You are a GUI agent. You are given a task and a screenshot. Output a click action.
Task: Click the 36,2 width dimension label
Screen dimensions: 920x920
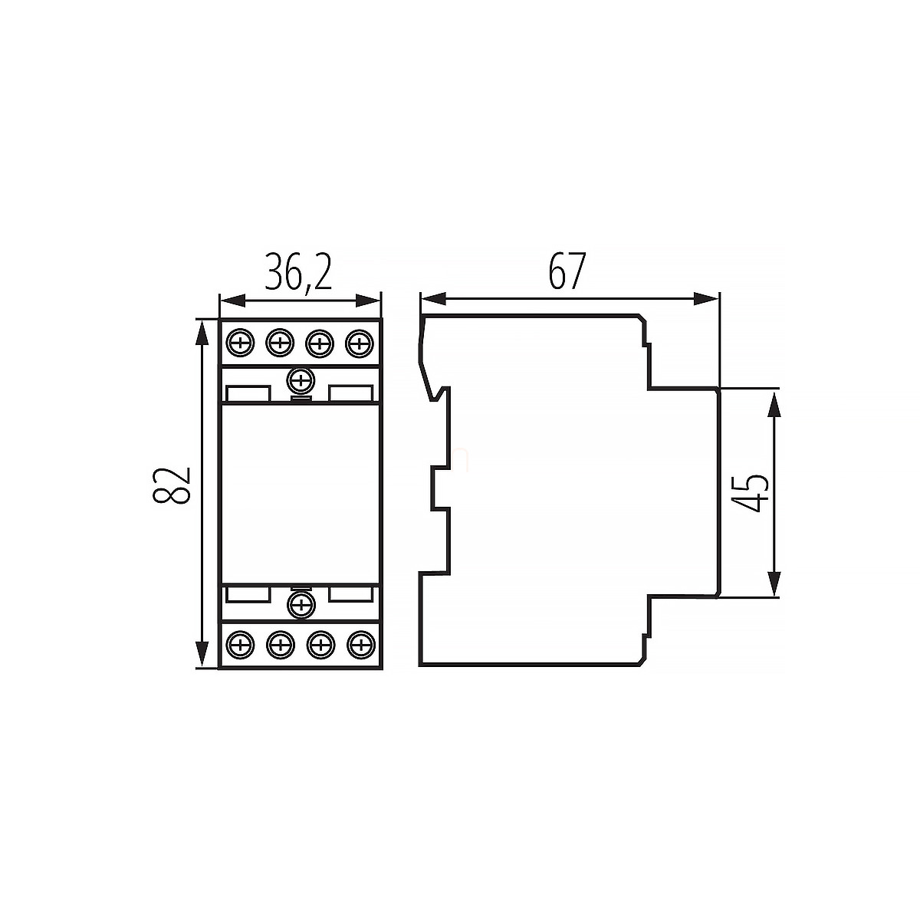click(x=298, y=272)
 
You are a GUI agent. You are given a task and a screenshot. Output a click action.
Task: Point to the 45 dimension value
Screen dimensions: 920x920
click(x=750, y=493)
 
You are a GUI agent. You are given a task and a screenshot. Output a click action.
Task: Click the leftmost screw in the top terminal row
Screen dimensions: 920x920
click(x=240, y=342)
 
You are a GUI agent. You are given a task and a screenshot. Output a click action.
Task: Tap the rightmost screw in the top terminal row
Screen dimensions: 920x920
click(x=360, y=342)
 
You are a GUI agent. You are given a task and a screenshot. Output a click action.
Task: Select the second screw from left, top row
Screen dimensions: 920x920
click(x=280, y=342)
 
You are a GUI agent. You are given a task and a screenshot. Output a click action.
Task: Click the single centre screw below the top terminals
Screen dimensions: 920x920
click(x=301, y=380)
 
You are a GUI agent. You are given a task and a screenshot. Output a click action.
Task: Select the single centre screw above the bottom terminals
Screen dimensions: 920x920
click(x=301, y=606)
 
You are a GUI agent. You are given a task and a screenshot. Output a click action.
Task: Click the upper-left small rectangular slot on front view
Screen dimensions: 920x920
click(x=248, y=394)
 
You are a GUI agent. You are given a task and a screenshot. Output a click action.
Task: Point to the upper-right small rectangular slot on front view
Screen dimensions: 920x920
click(x=351, y=394)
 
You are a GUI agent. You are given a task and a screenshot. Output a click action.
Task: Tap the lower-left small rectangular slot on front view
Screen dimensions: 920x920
click(x=248, y=593)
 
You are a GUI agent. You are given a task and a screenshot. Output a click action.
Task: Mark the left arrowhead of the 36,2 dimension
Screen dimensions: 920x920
click(x=232, y=301)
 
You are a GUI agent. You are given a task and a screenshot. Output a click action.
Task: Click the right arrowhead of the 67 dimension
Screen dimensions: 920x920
click(x=705, y=299)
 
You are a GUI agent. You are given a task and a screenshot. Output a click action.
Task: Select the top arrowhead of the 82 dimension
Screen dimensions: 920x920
click(x=202, y=332)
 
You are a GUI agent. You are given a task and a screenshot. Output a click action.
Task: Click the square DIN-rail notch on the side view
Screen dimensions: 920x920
click(x=441, y=489)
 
